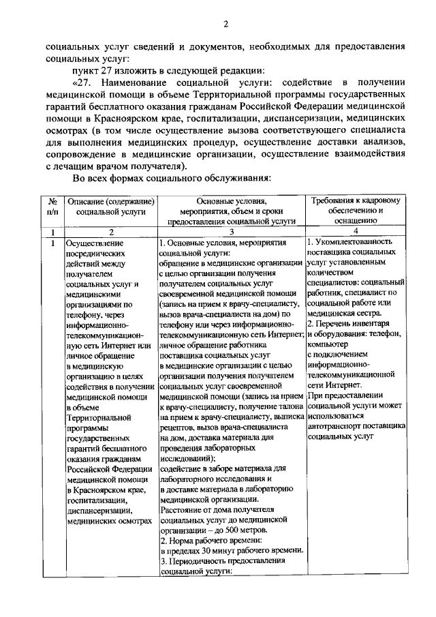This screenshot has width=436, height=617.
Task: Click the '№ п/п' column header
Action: [52, 206]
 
